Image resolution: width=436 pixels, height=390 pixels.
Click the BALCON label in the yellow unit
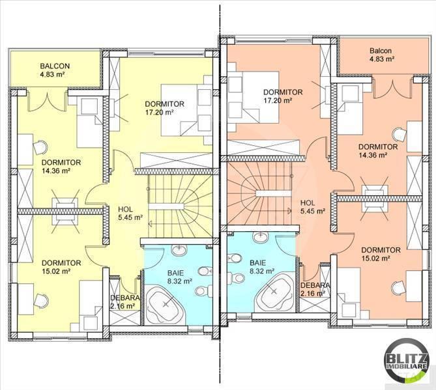pos(55,66)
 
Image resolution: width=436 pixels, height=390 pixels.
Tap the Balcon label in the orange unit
pos(381,51)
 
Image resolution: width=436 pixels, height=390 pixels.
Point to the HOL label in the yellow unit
pos(125,210)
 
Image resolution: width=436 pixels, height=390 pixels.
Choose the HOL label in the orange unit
pos(308,202)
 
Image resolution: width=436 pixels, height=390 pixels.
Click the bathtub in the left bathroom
pos(166,305)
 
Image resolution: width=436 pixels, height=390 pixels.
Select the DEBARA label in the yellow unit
pos(125,298)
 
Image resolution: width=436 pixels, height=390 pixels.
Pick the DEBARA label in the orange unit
pos(315,285)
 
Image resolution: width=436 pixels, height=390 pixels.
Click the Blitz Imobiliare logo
pos(405,360)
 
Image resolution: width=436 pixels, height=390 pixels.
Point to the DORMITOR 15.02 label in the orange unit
pos(381,255)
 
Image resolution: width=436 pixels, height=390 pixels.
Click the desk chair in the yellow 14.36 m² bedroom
pos(40,147)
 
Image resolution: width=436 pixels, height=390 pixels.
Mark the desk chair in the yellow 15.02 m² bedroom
pos(41,301)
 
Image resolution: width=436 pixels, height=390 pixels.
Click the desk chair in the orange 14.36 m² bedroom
pos(400,134)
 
